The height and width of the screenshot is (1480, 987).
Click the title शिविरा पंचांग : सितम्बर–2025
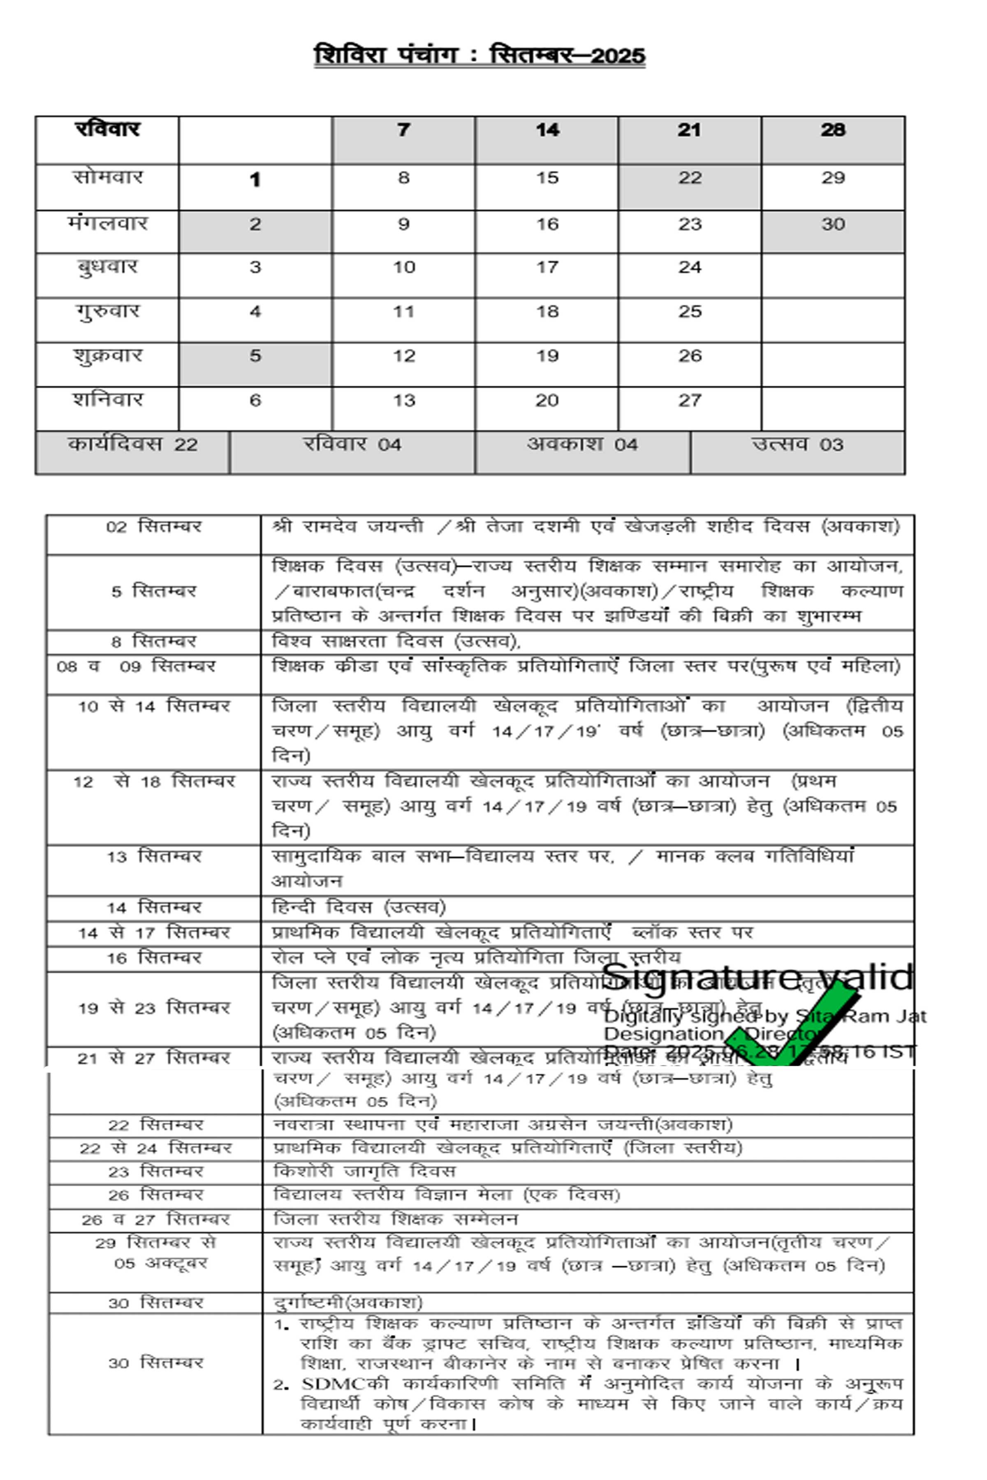click(480, 55)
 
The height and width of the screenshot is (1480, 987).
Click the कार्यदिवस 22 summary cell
click(132, 445)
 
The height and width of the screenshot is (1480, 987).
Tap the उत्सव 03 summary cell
click(797, 445)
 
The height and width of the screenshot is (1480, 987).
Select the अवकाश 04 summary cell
click(582, 445)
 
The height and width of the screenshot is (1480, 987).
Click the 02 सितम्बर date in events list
click(153, 527)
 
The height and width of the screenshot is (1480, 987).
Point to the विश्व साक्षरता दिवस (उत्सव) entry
click(396, 641)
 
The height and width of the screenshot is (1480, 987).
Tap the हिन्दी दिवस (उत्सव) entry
click(359, 907)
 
